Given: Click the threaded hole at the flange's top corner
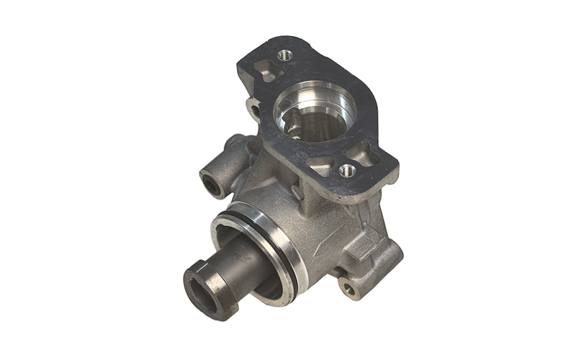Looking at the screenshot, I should (285, 55).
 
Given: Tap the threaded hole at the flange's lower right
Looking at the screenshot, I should (347, 170).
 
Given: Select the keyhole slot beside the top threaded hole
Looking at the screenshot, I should (266, 71).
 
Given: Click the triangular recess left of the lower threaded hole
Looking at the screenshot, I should (322, 165).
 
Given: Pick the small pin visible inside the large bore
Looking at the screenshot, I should (294, 127).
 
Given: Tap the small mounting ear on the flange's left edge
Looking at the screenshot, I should (253, 109).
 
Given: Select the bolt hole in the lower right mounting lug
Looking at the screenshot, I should (349, 289).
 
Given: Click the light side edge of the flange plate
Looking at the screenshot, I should (338, 191).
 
